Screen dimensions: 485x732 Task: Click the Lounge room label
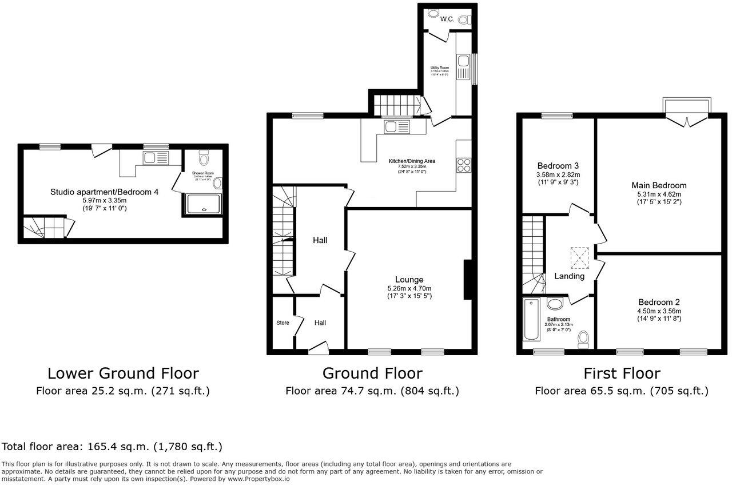(x=409, y=279)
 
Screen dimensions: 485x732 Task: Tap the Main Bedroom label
(x=659, y=185)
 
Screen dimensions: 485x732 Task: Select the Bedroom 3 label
(x=558, y=166)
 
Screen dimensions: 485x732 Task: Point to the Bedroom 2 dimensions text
(x=659, y=315)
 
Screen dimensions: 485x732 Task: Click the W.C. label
(x=447, y=19)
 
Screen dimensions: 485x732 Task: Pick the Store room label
(x=283, y=323)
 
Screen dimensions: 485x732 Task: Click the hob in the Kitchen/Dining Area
(x=463, y=165)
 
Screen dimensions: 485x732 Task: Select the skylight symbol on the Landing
(x=579, y=258)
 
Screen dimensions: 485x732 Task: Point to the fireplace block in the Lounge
(x=467, y=280)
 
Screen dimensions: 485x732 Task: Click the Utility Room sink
(x=462, y=61)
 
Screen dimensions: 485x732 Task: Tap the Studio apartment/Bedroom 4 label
(x=104, y=192)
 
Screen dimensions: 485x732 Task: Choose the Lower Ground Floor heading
(x=123, y=373)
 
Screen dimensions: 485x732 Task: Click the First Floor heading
(x=622, y=373)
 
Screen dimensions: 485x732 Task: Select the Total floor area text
(x=112, y=446)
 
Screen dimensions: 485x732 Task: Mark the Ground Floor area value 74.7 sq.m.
(x=372, y=391)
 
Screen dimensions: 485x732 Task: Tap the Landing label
(x=570, y=276)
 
